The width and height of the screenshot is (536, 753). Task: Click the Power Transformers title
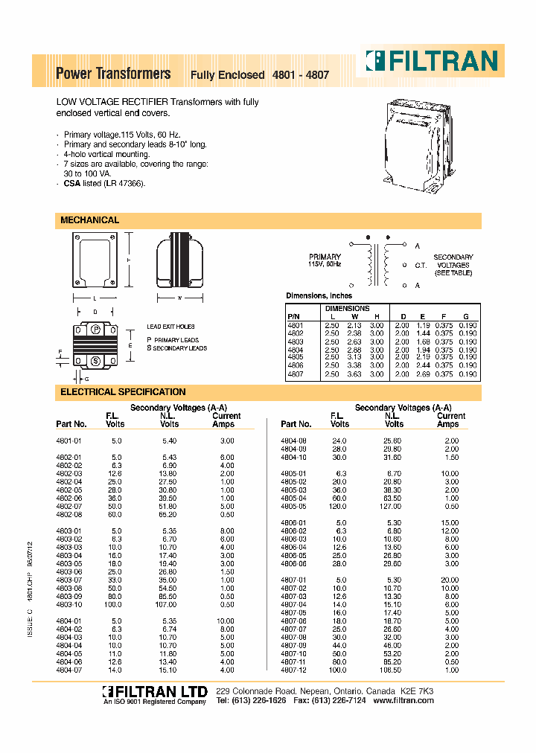click(113, 74)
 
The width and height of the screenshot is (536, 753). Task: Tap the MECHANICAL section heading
click(89, 220)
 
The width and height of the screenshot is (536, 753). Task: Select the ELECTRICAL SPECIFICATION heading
click(123, 391)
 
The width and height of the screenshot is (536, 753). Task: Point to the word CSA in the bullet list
click(71, 183)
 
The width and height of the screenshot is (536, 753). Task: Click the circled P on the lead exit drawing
click(95, 329)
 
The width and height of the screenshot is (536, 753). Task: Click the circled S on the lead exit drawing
click(95, 360)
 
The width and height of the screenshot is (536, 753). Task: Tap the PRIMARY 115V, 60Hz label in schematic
click(325, 260)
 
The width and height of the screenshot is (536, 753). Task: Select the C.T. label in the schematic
click(420, 265)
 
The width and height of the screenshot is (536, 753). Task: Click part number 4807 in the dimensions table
click(295, 374)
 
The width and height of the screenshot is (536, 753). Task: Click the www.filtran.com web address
click(403, 701)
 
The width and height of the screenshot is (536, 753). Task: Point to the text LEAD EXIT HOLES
click(170, 327)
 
